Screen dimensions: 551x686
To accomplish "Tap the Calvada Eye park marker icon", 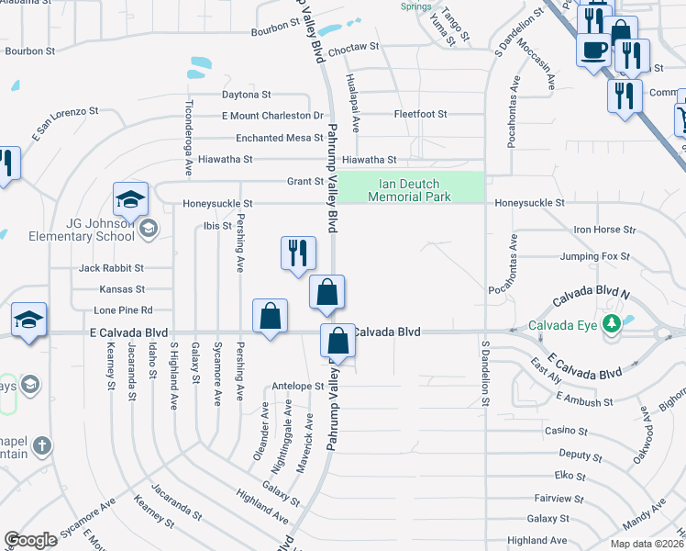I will (619, 324).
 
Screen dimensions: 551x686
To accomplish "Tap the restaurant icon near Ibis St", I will (297, 253).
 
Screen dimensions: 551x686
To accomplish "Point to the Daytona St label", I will (246, 94).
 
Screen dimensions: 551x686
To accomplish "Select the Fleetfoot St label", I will (420, 114).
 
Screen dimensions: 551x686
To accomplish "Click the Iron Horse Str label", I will (603, 229).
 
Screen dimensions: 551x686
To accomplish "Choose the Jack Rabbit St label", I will (111, 268).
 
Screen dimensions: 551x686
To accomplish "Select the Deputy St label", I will (580, 455).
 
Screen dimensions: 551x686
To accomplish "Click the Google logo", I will (30, 540).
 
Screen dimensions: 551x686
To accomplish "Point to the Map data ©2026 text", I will (647, 544).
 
